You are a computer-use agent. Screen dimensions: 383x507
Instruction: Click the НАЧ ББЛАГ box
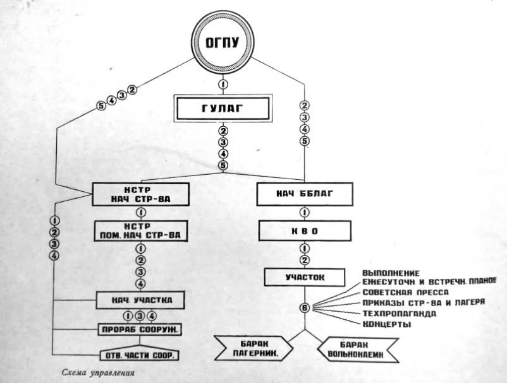pyautogui.click(x=304, y=194)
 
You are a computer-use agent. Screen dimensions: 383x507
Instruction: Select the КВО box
pyautogui.click(x=304, y=231)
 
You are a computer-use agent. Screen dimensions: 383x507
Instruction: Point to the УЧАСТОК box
pyautogui.click(x=304, y=276)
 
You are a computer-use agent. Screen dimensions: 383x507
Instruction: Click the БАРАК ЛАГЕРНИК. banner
pyautogui.click(x=256, y=349)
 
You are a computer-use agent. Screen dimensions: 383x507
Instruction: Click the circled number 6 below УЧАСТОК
pyautogui.click(x=305, y=308)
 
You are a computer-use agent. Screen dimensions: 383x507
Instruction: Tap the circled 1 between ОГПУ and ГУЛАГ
pyautogui.click(x=222, y=85)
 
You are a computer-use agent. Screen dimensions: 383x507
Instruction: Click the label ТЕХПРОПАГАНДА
pyautogui.click(x=398, y=313)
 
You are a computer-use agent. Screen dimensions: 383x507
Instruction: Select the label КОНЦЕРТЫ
pyautogui.click(x=388, y=324)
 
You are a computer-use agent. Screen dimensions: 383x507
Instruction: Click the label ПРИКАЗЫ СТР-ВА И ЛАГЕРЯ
pyautogui.click(x=422, y=302)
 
